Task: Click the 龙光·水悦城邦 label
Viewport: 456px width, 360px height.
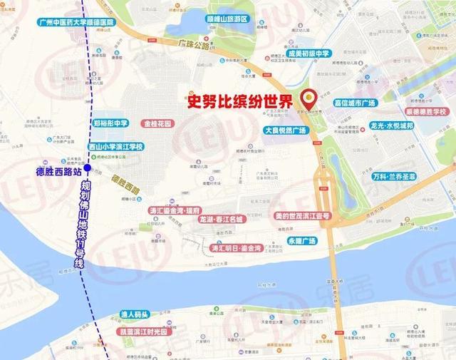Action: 392,125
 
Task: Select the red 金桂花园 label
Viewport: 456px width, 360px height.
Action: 158,123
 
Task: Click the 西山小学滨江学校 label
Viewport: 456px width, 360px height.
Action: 115,147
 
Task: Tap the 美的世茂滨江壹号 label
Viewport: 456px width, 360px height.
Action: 302,215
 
